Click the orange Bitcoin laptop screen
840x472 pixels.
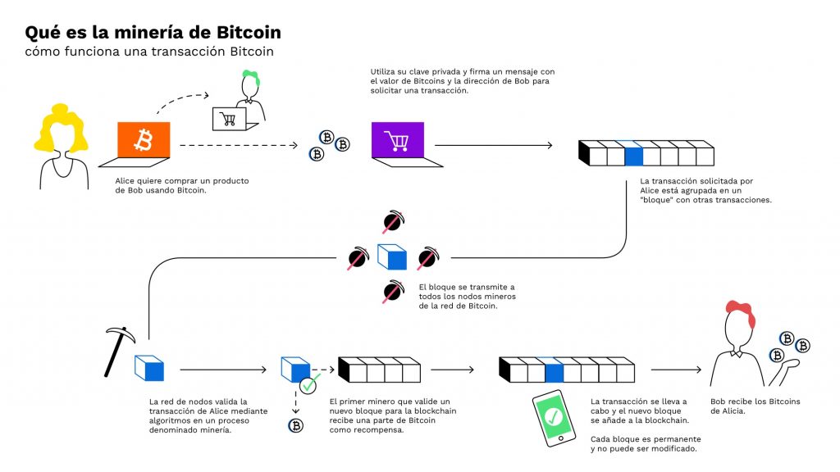(144, 140)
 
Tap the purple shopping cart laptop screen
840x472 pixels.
(398, 140)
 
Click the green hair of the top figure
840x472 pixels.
(250, 77)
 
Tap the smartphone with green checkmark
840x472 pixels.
(554, 417)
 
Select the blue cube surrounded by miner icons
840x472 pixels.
(392, 257)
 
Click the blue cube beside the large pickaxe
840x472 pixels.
(149, 369)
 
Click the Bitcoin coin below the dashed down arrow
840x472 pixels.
(295, 425)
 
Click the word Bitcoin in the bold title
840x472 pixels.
(246, 33)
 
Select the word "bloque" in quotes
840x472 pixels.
(663, 199)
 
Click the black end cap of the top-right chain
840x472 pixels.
(584, 153)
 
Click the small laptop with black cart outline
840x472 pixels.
(229, 119)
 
